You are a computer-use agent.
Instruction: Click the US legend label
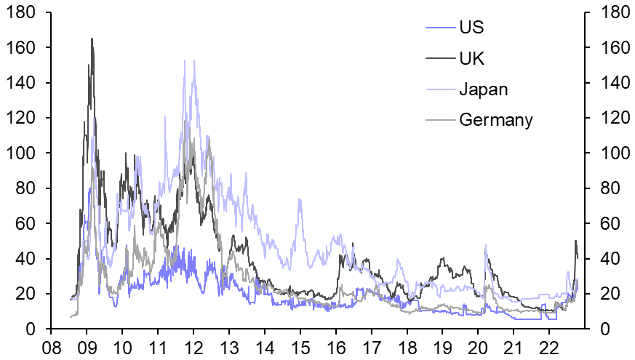coord(471,28)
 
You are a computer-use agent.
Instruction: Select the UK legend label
coord(471,59)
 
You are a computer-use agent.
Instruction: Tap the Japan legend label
coord(483,89)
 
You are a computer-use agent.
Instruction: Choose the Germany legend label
coord(496,119)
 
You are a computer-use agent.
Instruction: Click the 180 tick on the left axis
coord(23,12)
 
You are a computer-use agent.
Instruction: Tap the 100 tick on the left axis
coord(23,153)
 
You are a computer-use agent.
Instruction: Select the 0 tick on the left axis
coord(32,329)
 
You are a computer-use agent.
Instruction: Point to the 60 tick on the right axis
coord(607,224)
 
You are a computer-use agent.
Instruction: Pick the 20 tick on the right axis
coord(607,295)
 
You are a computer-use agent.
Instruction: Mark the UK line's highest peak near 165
coord(92,39)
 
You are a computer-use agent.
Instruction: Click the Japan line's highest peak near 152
coord(193,60)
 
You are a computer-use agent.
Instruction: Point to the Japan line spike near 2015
coord(299,199)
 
